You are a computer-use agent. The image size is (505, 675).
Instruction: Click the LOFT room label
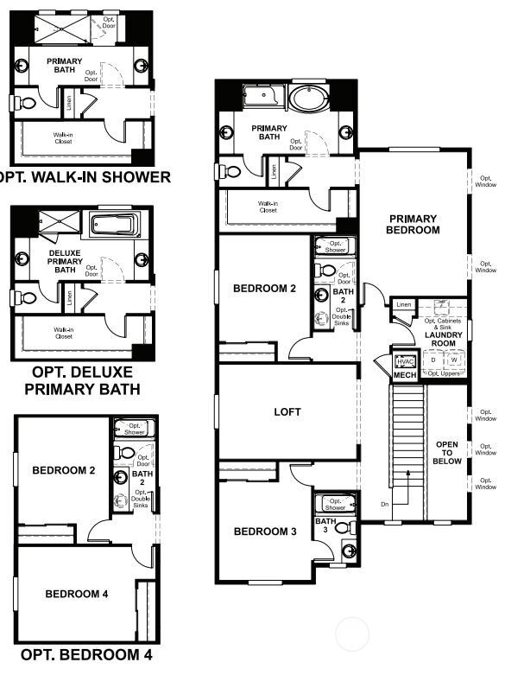coord(287,412)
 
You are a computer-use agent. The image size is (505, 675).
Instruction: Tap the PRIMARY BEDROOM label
coord(413,225)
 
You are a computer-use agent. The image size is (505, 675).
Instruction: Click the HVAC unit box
coord(405,362)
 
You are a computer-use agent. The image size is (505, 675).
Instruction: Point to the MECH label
coord(405,376)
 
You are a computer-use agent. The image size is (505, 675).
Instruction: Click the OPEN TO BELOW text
coord(446,452)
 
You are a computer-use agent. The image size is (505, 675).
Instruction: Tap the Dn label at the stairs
coord(384,504)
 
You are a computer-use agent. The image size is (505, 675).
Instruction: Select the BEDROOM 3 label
coord(265,532)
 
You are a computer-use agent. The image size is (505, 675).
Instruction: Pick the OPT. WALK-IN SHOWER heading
coord(84,178)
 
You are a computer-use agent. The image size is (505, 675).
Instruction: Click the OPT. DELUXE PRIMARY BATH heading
coord(82,380)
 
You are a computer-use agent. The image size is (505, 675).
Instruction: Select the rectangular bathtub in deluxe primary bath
coord(112,226)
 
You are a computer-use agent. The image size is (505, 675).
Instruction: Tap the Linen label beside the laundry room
coord(403,304)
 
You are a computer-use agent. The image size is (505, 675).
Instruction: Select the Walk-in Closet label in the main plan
coord(268,207)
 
